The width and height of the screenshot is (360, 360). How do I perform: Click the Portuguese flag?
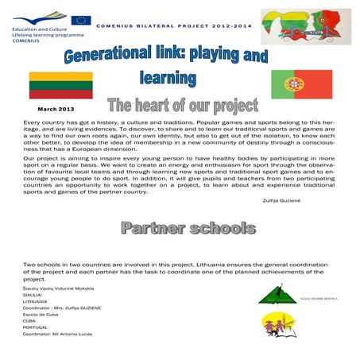tap(303, 83)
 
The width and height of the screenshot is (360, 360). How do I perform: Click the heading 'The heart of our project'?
tap(183, 105)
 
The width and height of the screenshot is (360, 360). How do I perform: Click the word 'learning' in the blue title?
tap(168, 79)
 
